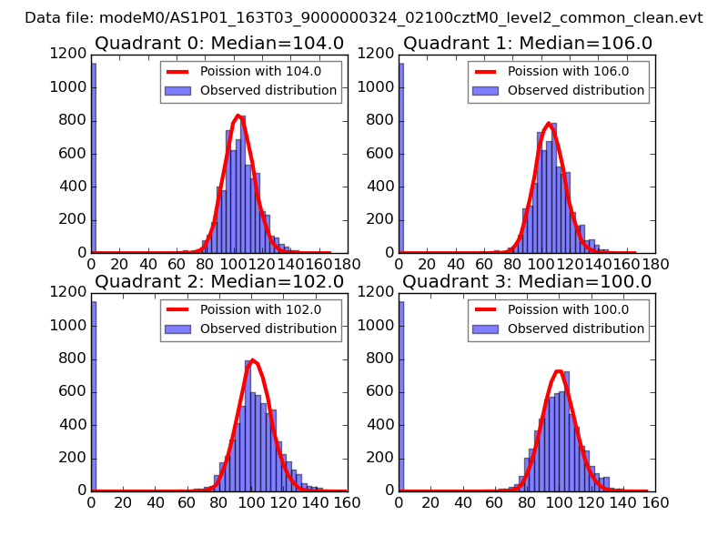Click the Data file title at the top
click(364, 17)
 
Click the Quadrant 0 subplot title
click(218, 43)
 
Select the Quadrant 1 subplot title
click(527, 43)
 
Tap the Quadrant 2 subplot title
click(218, 281)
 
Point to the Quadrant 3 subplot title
click(527, 281)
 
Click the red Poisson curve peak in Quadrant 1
click(549, 123)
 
